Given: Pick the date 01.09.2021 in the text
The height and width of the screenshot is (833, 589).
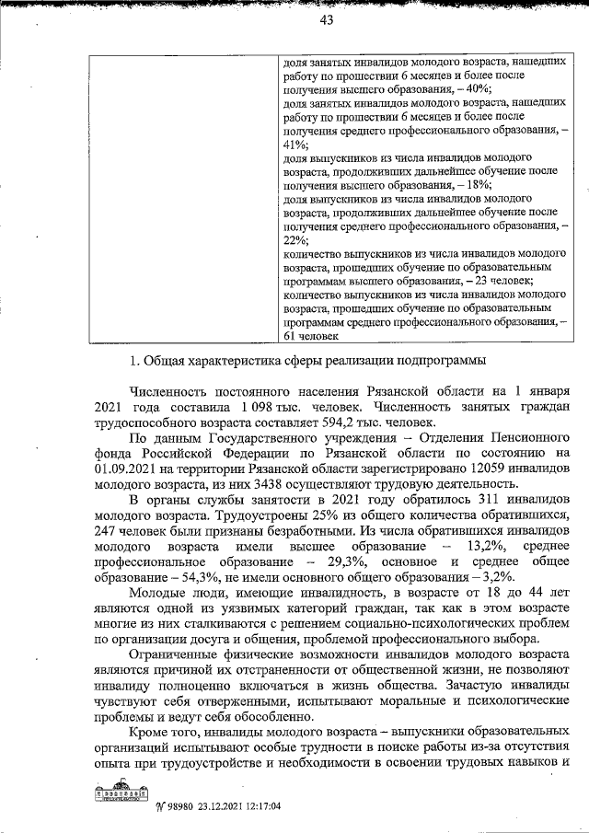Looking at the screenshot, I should coord(125,468).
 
